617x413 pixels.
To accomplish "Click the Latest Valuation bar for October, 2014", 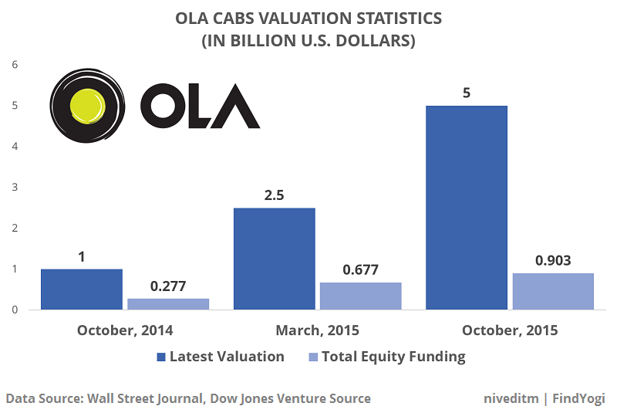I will pos(82,289).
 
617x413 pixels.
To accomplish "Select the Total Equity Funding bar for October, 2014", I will pos(168,304).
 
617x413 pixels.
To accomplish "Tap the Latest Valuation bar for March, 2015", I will pos(274,259).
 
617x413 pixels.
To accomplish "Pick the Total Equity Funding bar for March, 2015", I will pos(360,296).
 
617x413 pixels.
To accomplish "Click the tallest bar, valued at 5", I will pos(467,208).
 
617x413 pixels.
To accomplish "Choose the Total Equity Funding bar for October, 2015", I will pos(553,291).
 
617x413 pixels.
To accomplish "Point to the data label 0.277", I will pos(168,286).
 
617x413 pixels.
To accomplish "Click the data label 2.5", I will pos(274,195).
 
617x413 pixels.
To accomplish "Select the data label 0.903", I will pos(553,260).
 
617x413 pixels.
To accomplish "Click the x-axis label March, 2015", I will pos(317,330).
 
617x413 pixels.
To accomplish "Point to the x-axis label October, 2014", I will pos(125,330).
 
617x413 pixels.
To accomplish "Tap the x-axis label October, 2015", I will pos(510,330).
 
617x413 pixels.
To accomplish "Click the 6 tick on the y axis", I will pos(14,64).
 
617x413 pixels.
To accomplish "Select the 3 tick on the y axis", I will pos(14,188).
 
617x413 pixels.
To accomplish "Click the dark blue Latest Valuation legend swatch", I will pos(161,357).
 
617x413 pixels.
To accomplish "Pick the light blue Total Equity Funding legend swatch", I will pos(312,357).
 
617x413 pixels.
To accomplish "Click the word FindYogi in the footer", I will pos(579,398).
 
